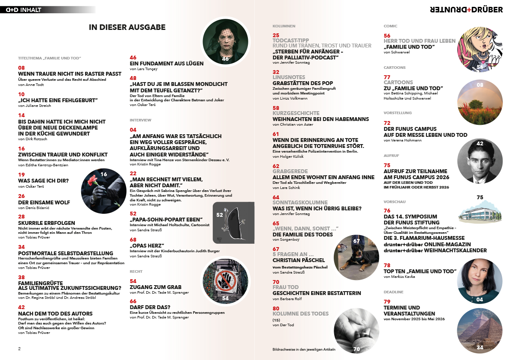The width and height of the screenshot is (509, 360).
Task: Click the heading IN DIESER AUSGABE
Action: tap(127, 27)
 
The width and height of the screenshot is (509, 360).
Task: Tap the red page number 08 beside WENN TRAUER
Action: tap(21, 68)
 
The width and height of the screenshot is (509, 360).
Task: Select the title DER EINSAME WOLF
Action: tap(44, 202)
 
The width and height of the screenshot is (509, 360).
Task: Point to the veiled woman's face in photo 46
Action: tap(225, 39)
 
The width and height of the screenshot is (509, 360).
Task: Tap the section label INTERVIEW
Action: tap(141, 120)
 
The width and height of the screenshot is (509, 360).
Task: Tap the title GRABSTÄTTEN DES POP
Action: tap(303, 83)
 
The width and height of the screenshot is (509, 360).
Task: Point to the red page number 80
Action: tap(276, 308)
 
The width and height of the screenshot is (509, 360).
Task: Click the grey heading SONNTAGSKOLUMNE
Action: tap(300, 202)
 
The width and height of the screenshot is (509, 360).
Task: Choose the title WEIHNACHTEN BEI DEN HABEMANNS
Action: tap(321, 119)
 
